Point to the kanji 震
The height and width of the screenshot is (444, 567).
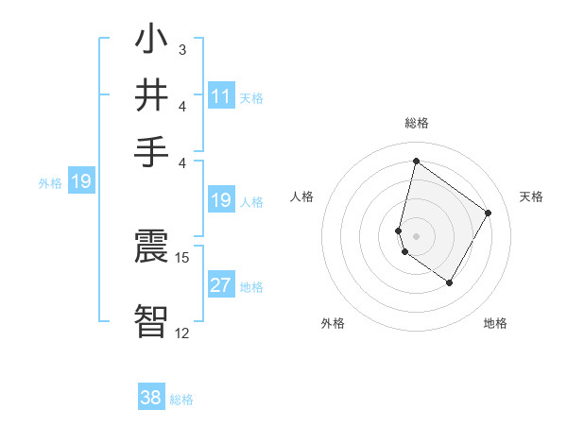[151, 248]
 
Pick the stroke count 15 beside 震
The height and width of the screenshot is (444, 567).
[182, 257]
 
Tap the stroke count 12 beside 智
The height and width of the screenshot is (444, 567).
[182, 333]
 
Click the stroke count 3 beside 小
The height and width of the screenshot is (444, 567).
[182, 48]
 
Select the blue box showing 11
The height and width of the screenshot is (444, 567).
[221, 96]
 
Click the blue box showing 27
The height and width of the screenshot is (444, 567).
[221, 285]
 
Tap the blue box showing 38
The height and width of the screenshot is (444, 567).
[151, 398]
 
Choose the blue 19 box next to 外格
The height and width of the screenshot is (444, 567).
[81, 181]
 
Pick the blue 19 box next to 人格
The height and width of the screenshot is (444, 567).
[221, 200]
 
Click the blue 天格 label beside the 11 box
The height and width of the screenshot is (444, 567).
[251, 97]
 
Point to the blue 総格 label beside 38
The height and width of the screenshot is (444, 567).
[181, 400]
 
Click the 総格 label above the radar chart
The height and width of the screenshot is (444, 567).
[416, 123]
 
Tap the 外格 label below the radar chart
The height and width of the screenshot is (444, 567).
[333, 323]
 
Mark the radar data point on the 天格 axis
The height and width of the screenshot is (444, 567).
[488, 213]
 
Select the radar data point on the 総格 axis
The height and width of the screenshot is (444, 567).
[416, 162]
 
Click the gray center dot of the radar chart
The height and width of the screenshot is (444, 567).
[416, 235]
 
